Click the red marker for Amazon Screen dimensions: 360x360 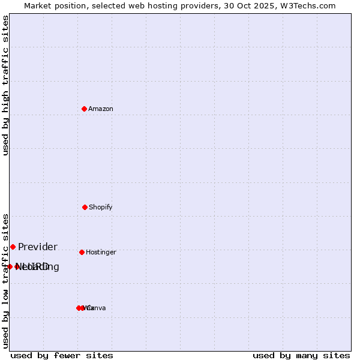click(84, 109)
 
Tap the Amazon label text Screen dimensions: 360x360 click(101, 109)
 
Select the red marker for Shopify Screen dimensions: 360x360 click(85, 207)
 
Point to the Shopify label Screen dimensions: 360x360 click(101, 208)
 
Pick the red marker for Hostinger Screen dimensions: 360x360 click(82, 252)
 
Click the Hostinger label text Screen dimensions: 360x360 click(101, 253)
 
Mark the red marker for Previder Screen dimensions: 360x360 click(13, 247)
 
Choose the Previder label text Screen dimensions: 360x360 click(38, 247)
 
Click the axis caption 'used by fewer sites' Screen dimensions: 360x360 click(62, 356)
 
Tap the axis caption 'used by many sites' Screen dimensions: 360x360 click(301, 356)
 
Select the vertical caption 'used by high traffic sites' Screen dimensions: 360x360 click(6, 85)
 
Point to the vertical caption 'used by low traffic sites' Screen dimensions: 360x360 click(6, 280)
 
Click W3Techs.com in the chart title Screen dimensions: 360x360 click(309, 6)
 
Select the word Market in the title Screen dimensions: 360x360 click(37, 6)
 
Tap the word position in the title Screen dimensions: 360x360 click(70, 6)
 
